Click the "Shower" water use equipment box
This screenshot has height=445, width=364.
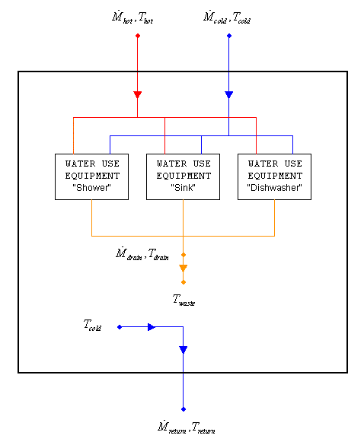pos(91,176)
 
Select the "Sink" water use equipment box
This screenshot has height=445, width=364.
pos(183,176)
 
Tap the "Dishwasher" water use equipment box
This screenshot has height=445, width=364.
pos(274,176)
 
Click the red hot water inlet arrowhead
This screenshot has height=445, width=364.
pos(138,95)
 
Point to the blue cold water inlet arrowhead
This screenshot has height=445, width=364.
pos(229,95)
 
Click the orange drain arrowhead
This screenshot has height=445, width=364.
pos(184,268)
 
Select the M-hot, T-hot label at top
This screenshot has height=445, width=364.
pos(138,16)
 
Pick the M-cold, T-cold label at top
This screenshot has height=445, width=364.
pos(227,16)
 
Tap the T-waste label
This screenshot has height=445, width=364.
pos(184,300)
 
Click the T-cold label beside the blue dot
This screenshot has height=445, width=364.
pos(93,326)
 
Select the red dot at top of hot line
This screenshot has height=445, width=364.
pos(138,35)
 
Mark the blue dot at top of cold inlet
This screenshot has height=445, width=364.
pos(229,35)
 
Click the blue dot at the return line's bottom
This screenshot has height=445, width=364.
pos(184,408)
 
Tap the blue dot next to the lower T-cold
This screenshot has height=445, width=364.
pos(120,327)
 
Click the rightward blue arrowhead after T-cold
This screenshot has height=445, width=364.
pos(152,327)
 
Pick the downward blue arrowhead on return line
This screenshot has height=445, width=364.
pos(184,350)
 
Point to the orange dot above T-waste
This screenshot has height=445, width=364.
pos(184,282)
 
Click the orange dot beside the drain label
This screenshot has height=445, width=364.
pos(184,255)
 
